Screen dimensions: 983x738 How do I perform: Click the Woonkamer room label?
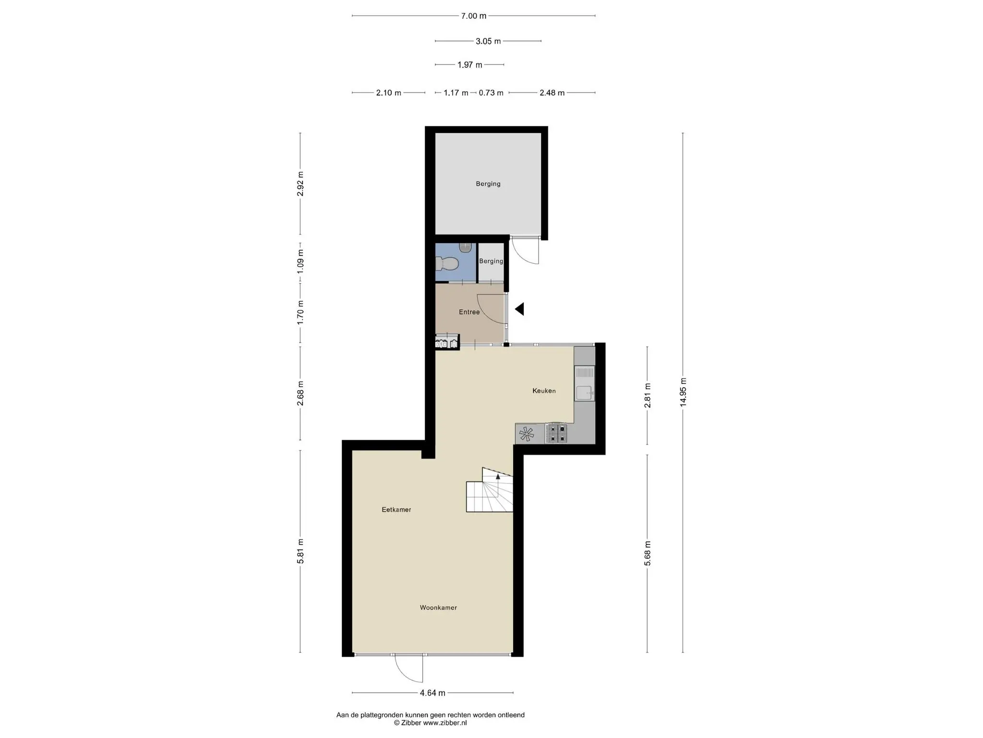(438, 608)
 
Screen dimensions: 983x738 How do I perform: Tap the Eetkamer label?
(396, 510)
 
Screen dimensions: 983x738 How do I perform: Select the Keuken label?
(544, 391)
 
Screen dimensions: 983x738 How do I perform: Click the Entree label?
(469, 312)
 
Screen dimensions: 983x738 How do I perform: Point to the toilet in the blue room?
(446, 264)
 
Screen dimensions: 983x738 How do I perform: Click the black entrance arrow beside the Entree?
(519, 309)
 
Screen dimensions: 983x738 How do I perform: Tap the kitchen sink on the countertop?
(585, 393)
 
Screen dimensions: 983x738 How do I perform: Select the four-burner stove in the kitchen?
(557, 433)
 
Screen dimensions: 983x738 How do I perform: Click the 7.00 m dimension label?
(474, 16)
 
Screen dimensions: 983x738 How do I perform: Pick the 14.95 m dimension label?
(683, 392)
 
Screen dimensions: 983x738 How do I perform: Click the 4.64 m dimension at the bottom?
(432, 693)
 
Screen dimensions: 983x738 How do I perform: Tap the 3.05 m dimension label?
(488, 41)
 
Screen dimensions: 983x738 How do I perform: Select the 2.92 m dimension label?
(300, 184)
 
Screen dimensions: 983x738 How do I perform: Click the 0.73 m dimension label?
(491, 93)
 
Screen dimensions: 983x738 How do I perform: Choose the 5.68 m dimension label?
(647, 553)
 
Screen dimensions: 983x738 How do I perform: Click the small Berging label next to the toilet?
(491, 261)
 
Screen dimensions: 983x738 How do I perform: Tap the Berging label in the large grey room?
(488, 184)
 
